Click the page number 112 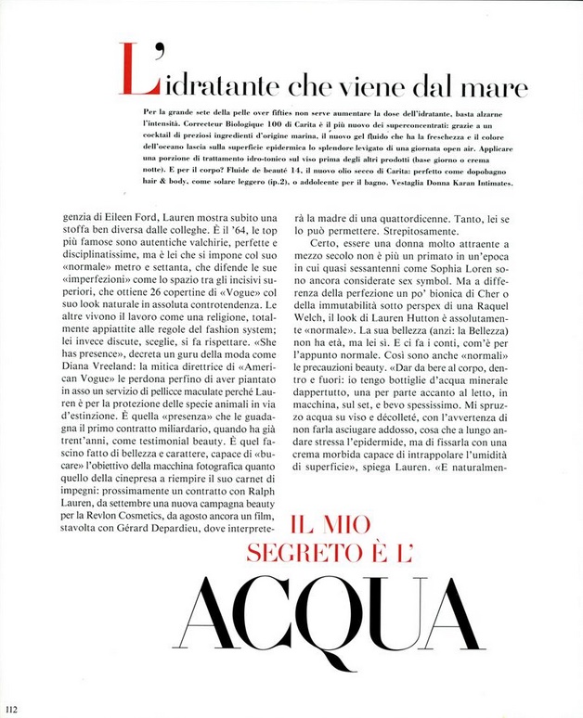click(11, 709)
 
